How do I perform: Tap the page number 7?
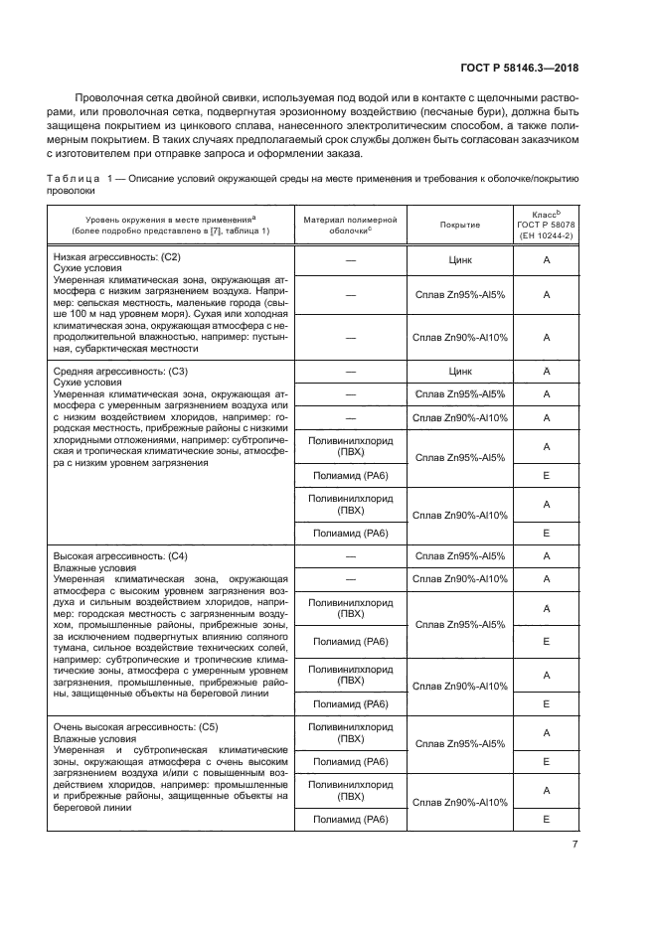click(575, 845)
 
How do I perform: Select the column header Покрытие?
click(460, 225)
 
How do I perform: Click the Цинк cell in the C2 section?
click(460, 260)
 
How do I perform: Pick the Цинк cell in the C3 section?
click(460, 372)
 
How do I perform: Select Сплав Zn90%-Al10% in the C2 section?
click(460, 337)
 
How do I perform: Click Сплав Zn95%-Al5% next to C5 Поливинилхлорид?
click(460, 744)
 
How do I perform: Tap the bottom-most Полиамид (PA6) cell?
click(350, 819)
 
